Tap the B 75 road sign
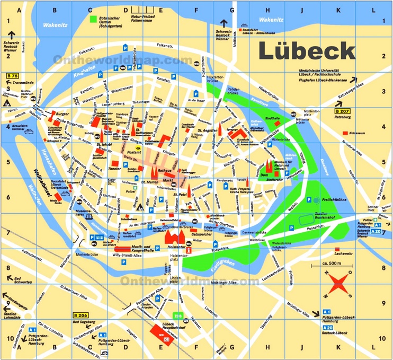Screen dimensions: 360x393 tap(12, 75)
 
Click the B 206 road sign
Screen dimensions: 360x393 tap(79, 315)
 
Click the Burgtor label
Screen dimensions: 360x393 tap(63, 113)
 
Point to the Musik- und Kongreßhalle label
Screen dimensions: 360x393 tap(143, 247)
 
